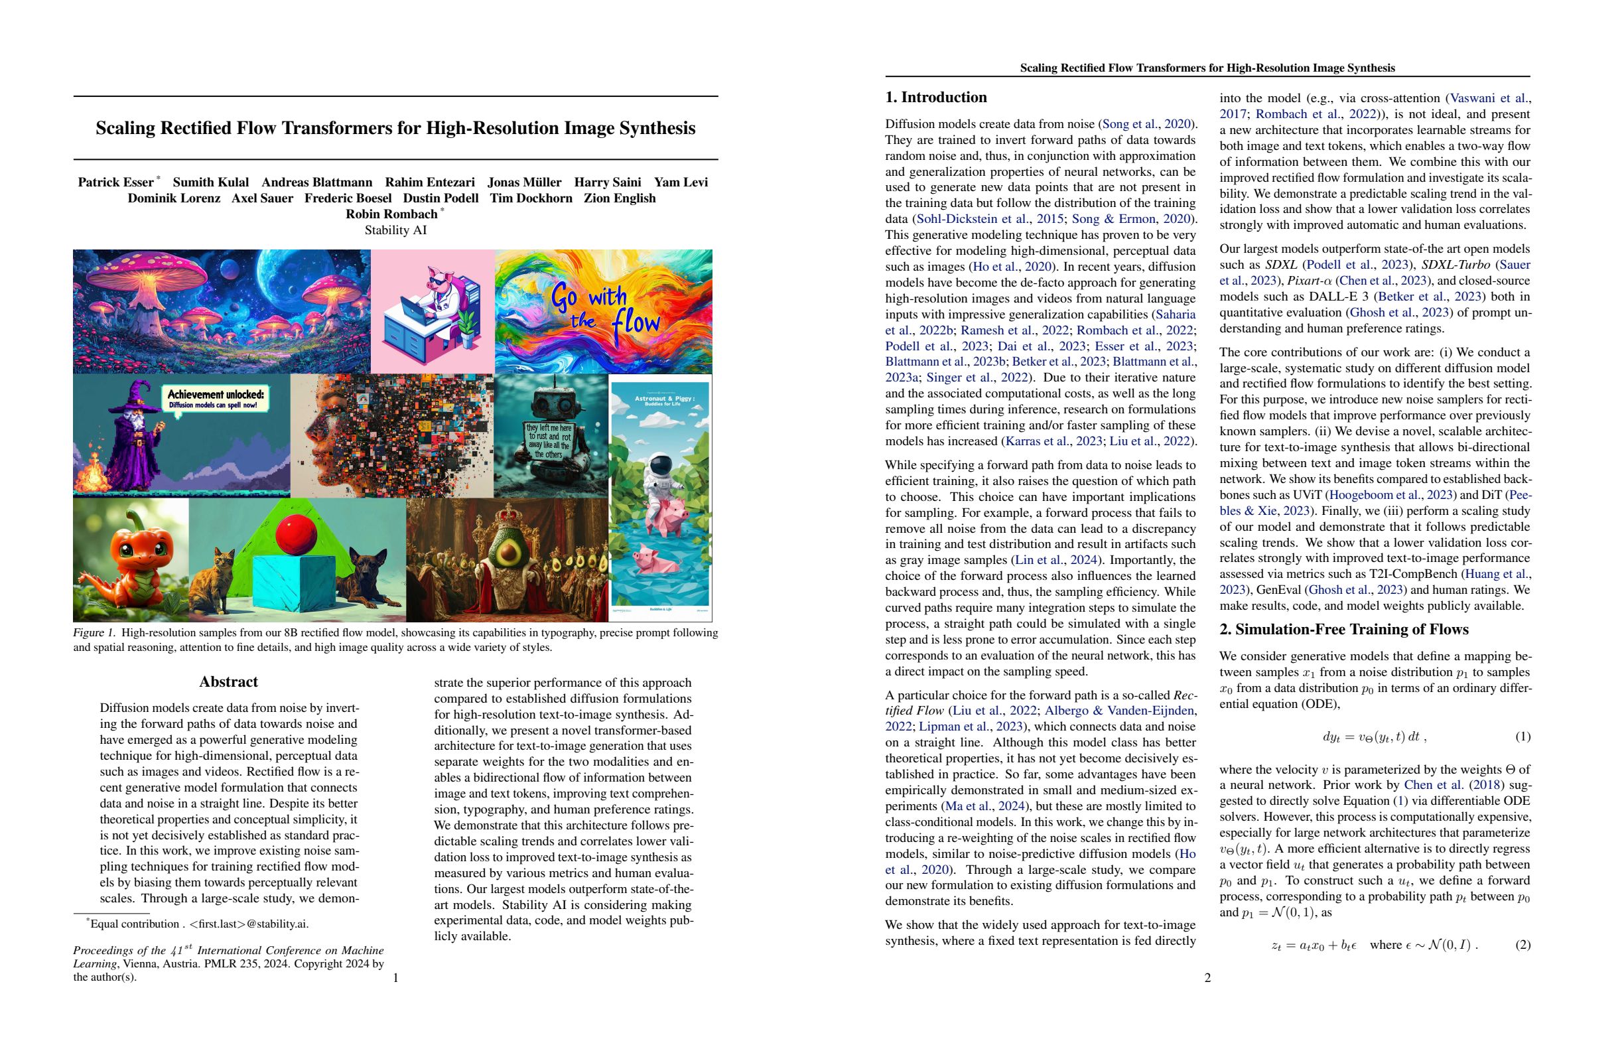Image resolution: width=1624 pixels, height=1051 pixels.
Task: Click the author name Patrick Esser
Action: pyautogui.click(x=115, y=182)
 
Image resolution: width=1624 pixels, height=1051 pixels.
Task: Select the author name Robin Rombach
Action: pyautogui.click(x=391, y=214)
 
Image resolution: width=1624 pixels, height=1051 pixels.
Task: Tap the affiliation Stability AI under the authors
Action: pyautogui.click(x=395, y=230)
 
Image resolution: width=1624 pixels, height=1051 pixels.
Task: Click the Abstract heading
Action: pyautogui.click(x=228, y=682)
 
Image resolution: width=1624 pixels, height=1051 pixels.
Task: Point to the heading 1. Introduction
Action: pyautogui.click(x=935, y=98)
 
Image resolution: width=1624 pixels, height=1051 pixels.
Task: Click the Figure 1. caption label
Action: pyautogui.click(x=94, y=632)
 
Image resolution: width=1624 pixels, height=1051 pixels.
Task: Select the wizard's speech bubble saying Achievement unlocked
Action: pyautogui.click(x=216, y=399)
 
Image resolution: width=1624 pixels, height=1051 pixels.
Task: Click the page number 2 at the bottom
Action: pyautogui.click(x=1207, y=978)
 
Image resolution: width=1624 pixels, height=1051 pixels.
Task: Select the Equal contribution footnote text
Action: pyautogui.click(x=198, y=924)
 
